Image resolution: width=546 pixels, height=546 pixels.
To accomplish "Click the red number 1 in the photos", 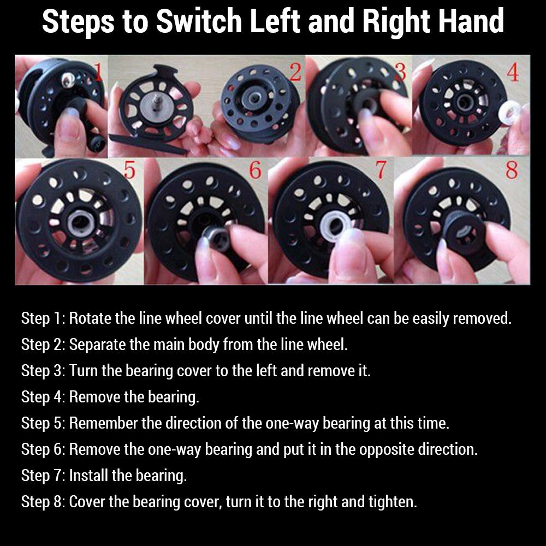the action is tap(98, 72).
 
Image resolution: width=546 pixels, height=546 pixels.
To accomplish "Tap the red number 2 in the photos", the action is tap(295, 72).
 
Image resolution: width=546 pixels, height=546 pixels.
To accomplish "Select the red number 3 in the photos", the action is tap(401, 72).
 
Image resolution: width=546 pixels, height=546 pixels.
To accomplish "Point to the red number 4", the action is tap(513, 73).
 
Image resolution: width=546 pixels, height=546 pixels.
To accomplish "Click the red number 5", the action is tap(129, 170).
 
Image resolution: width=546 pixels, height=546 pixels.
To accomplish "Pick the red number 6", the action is tap(255, 170).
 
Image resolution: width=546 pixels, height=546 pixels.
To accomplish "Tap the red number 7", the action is tap(381, 170).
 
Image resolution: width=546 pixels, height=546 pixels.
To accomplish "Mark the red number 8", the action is tap(512, 170).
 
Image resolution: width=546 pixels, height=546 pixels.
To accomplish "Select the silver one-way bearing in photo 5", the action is tap(81, 224).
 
